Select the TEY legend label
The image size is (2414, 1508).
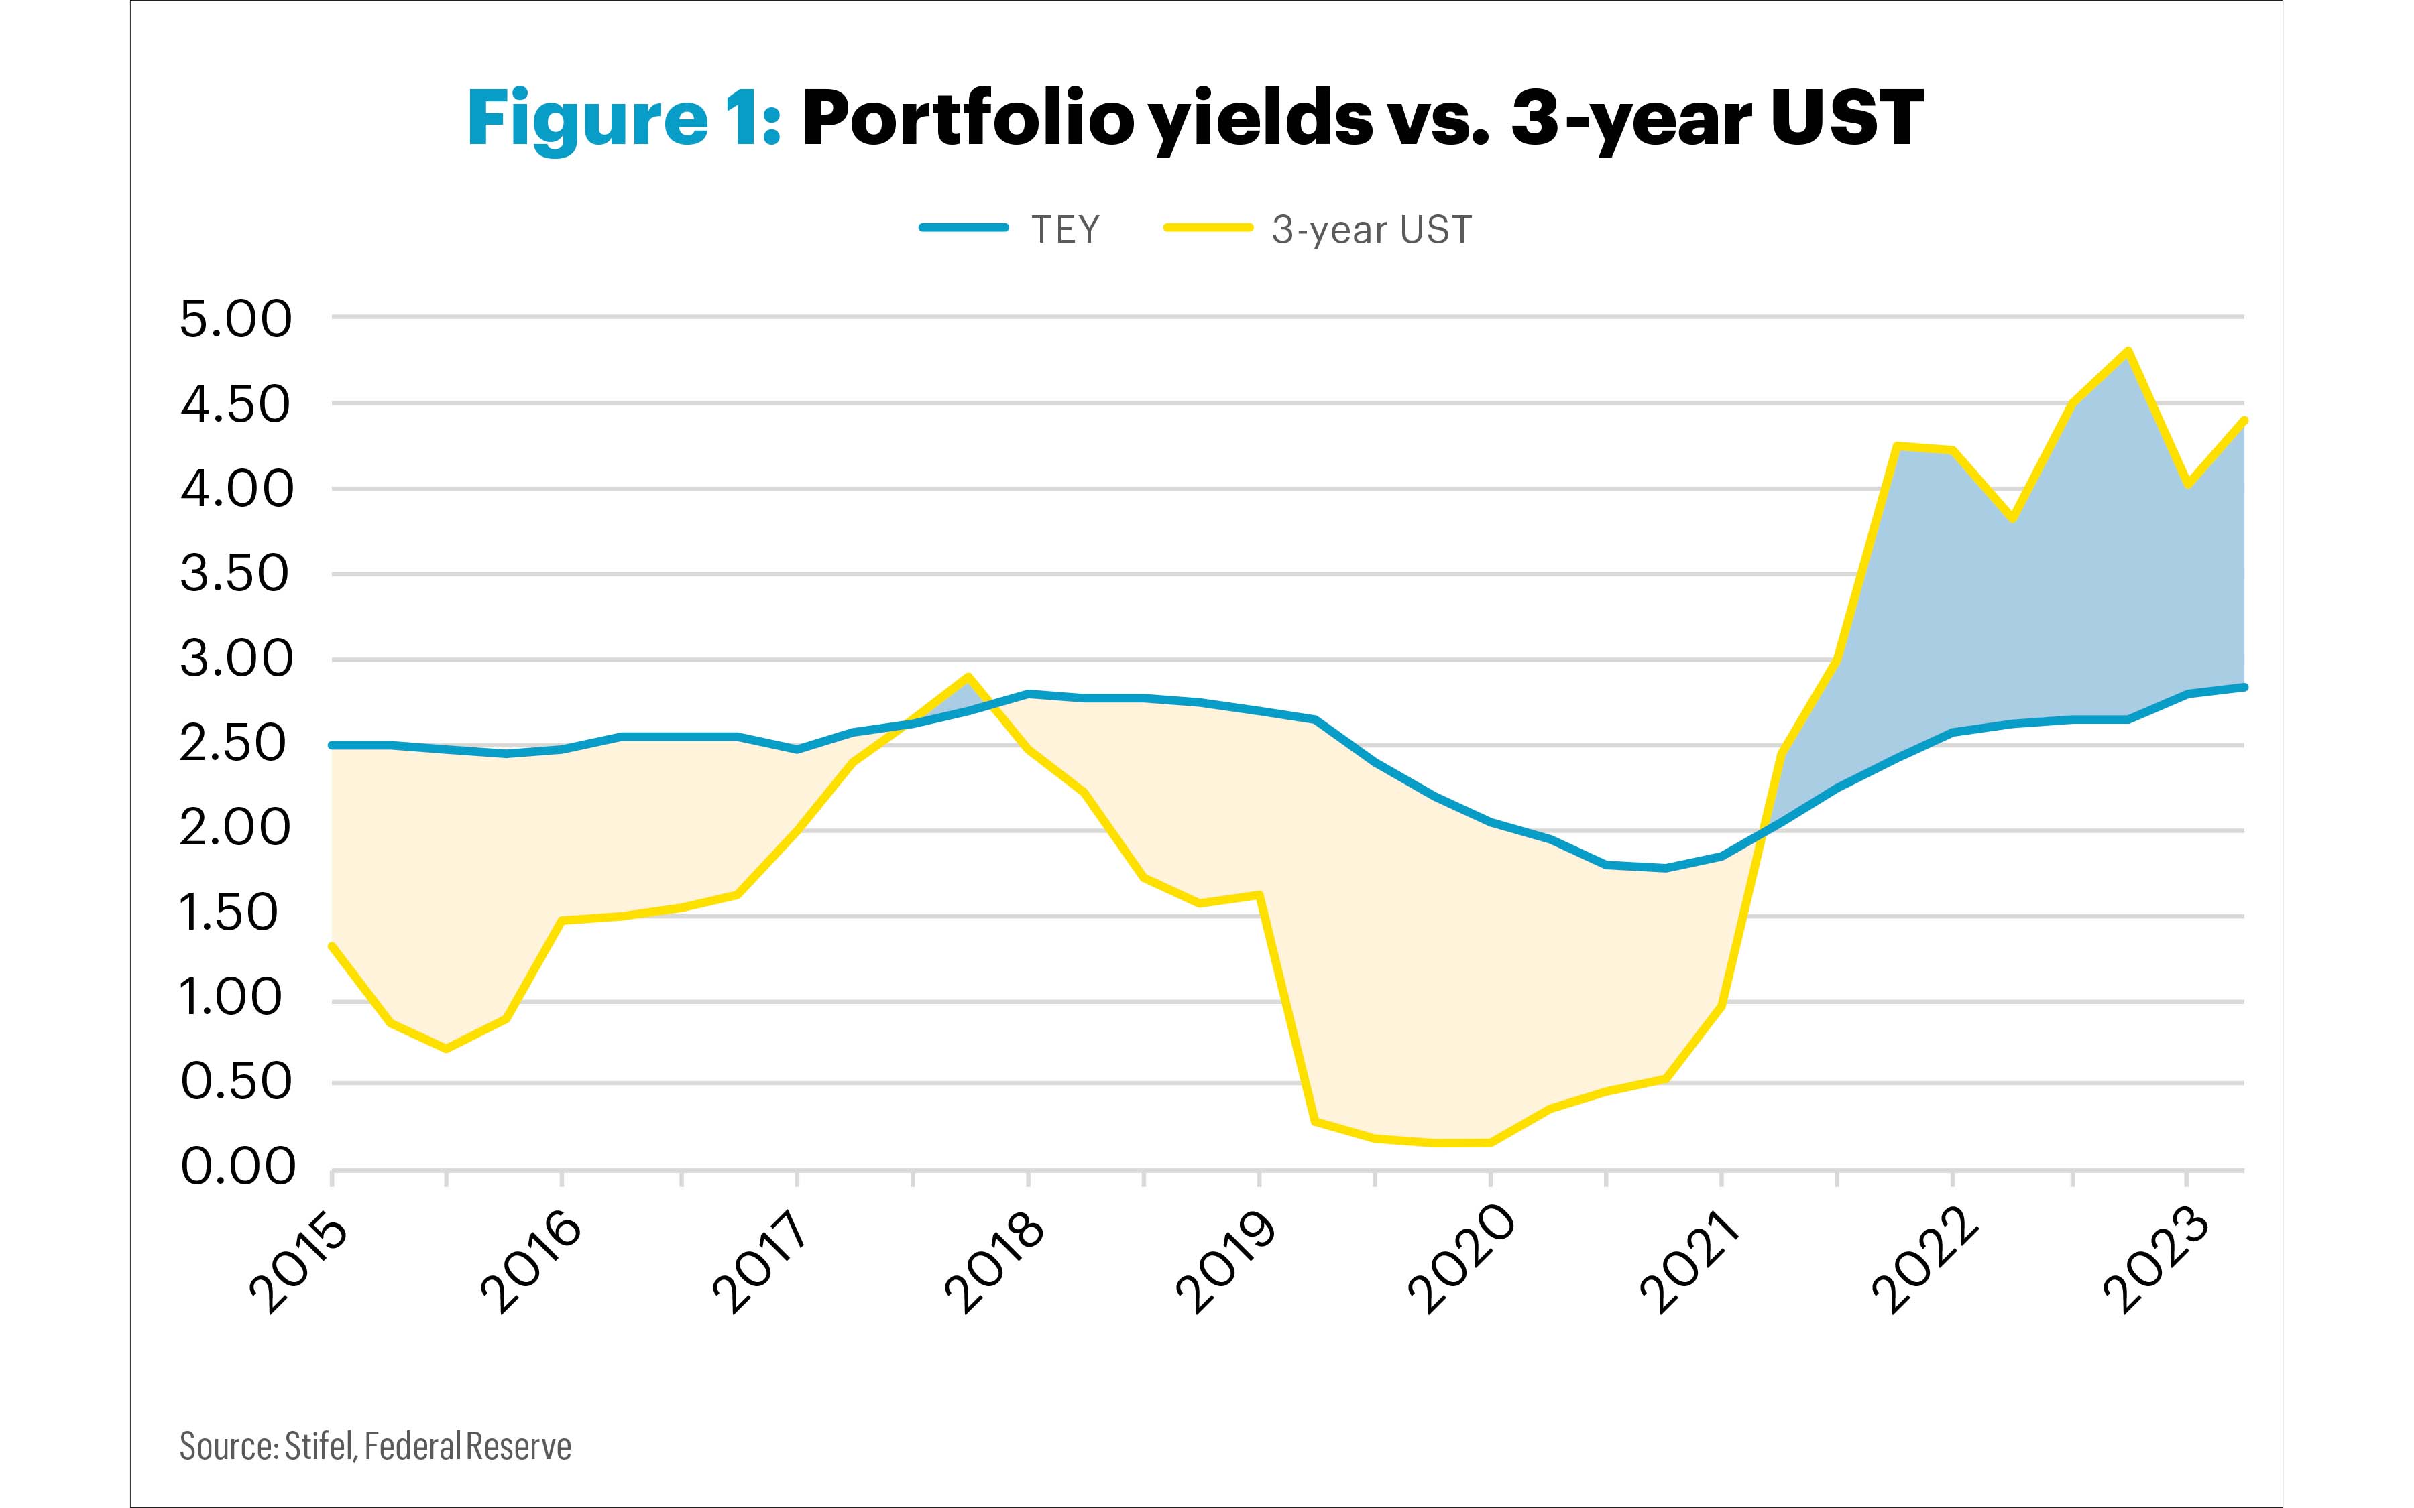tap(1064, 231)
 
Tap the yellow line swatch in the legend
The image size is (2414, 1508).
tap(1208, 229)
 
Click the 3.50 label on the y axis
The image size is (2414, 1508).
tap(235, 574)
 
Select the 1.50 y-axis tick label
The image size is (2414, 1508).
tap(227, 914)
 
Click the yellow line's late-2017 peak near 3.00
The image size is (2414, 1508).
tap(968, 677)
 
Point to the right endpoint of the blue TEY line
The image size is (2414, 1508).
tap(2244, 686)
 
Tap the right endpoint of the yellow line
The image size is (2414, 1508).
tap(2244, 420)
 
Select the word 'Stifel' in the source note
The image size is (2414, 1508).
tap(319, 1446)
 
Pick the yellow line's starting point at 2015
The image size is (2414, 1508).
tap(331, 946)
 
